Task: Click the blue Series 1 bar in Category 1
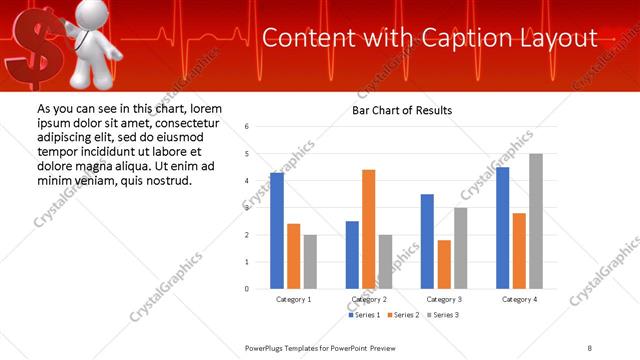tap(277, 231)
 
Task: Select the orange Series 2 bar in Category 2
tap(369, 229)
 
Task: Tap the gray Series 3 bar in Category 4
tap(535, 221)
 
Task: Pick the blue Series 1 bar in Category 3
tap(427, 241)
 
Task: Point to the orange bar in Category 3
tap(444, 264)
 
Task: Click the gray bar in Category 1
tap(310, 262)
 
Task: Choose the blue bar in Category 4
tap(502, 228)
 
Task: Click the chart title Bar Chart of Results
tap(402, 110)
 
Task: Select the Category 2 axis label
tap(369, 299)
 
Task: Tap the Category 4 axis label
tap(518, 299)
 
